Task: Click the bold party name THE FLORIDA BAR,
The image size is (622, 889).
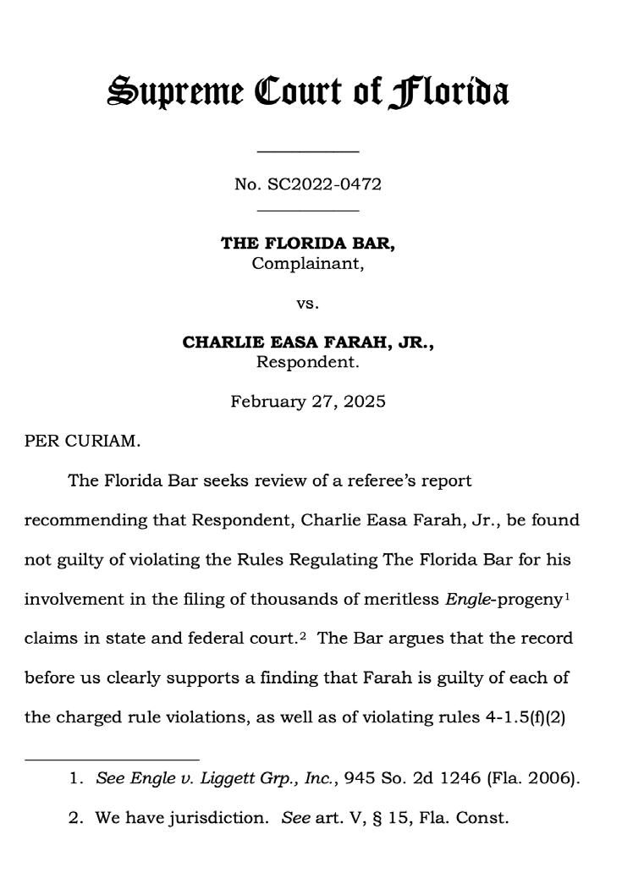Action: coord(308,244)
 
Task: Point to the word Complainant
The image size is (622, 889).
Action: coord(307,263)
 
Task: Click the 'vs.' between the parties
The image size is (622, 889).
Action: coord(307,303)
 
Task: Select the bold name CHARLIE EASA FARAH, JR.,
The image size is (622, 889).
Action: coord(308,343)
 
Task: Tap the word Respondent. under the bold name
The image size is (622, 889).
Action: coord(308,362)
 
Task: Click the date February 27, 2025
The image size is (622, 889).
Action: coord(308,401)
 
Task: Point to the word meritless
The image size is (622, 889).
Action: coord(400,599)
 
